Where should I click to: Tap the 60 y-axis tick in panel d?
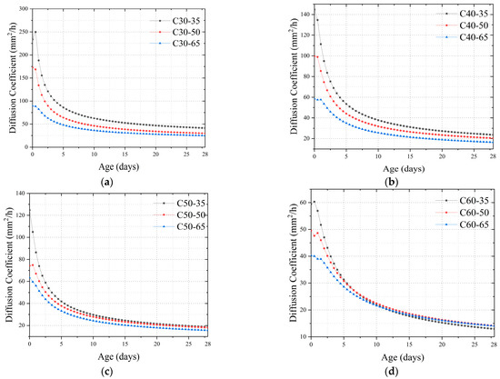point(296,203)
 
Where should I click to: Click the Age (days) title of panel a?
point(125,166)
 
